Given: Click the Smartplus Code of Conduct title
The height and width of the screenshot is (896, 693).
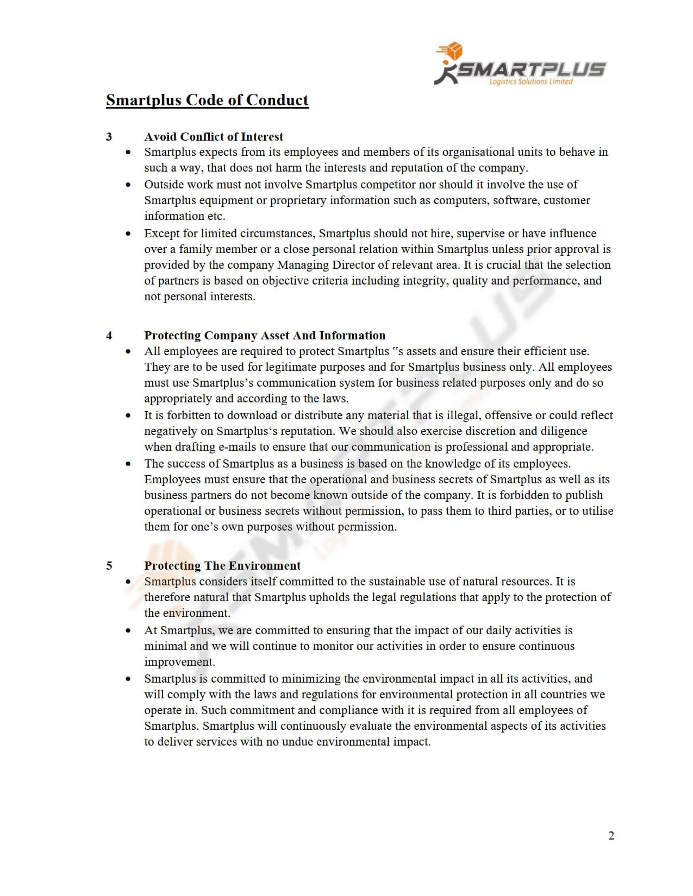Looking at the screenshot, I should click(207, 100).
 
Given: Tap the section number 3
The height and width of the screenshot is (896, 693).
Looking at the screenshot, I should click(109, 136).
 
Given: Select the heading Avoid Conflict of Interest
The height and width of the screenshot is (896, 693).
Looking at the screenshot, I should click(214, 136).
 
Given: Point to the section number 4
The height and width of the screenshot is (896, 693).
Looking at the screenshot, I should click(109, 335).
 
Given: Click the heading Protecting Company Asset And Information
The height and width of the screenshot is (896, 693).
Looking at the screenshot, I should click(265, 335).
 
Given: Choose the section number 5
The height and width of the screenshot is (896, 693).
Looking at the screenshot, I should click(109, 565).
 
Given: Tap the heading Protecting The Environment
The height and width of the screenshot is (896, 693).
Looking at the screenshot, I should click(222, 565).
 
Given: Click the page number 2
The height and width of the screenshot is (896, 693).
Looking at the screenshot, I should click(611, 836).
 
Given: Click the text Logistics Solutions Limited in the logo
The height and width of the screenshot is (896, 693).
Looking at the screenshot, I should click(530, 82).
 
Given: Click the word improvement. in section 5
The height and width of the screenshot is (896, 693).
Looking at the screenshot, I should click(179, 662).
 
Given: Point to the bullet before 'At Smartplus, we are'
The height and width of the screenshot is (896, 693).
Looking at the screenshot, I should click(128, 631).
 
